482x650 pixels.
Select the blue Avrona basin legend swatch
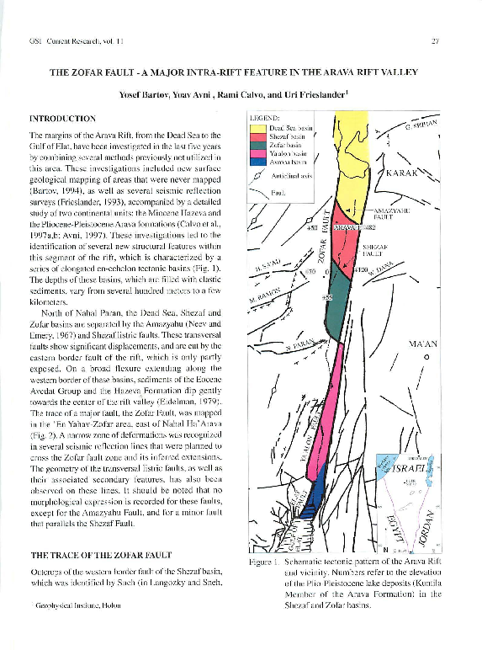[x=256, y=159]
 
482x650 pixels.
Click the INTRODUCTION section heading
[x=62, y=118]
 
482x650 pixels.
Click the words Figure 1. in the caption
[x=255, y=560]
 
